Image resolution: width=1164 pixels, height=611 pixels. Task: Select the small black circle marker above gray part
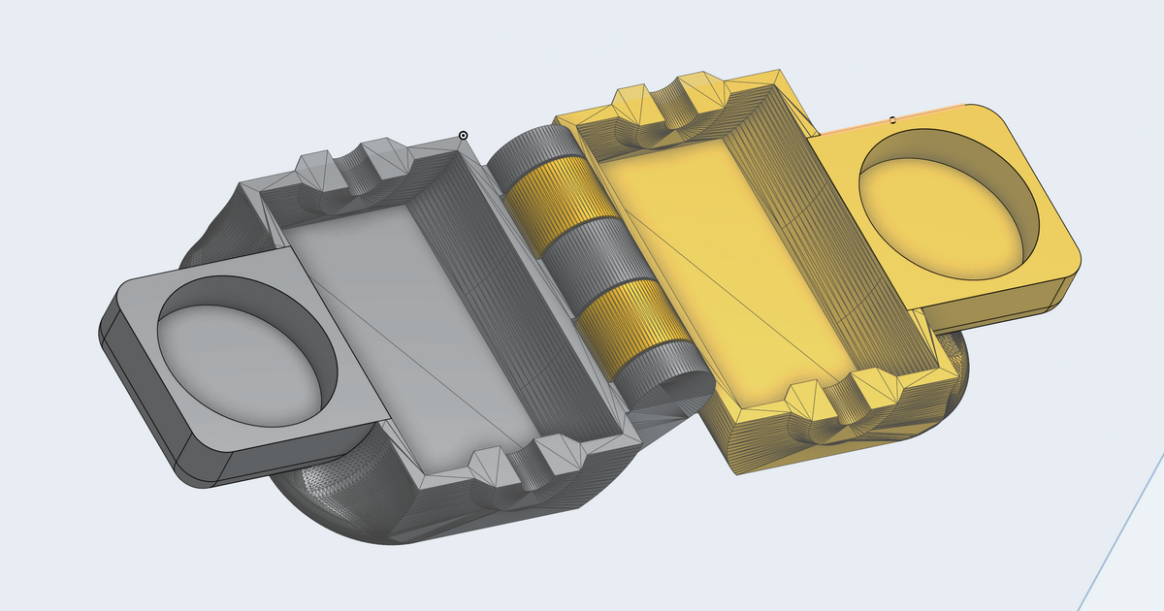tap(463, 136)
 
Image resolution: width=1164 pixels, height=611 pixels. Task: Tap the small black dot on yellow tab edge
tap(892, 120)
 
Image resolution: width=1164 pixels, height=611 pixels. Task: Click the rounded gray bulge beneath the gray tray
tap(330, 504)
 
